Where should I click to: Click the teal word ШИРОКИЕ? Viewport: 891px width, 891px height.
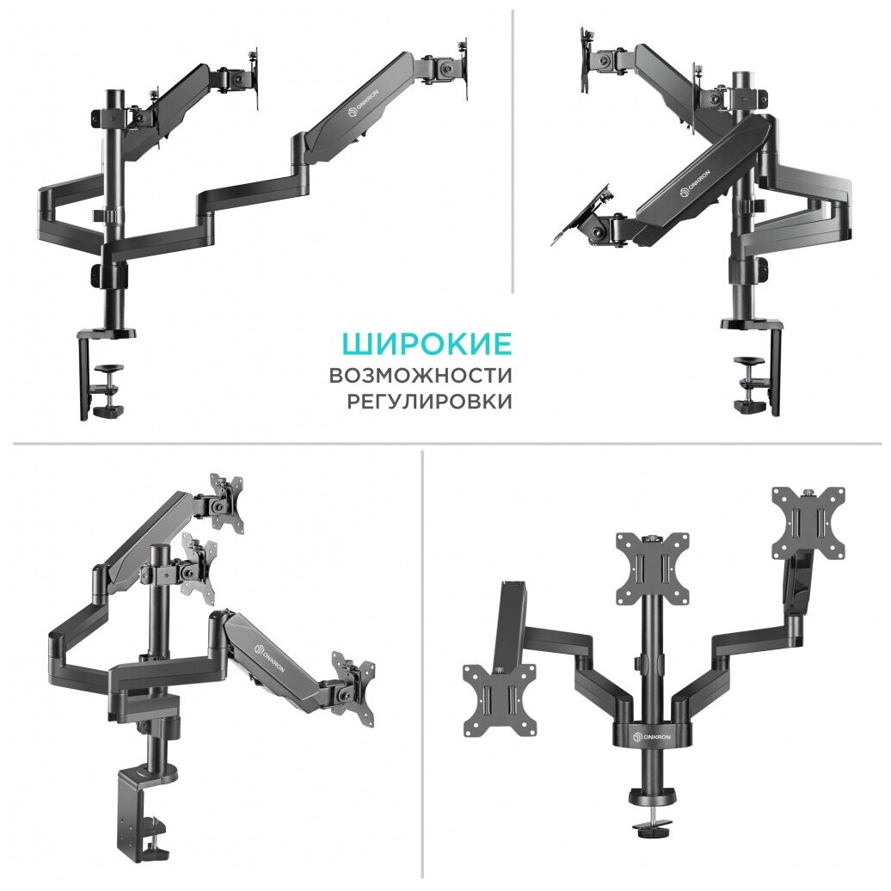(x=427, y=344)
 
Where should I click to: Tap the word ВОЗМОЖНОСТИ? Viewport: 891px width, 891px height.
(x=420, y=376)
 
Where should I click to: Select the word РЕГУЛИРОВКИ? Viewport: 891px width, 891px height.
(x=429, y=402)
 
